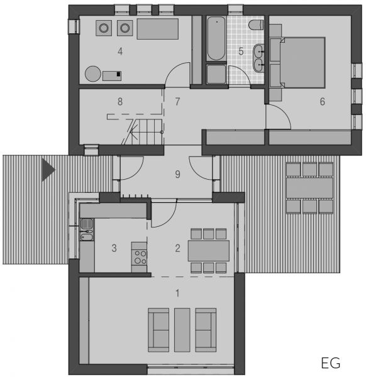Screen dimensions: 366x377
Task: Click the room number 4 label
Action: (x=120, y=52)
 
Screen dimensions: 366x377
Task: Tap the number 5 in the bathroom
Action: (x=241, y=52)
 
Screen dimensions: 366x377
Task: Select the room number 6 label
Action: (x=323, y=101)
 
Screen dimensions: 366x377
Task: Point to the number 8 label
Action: (x=120, y=101)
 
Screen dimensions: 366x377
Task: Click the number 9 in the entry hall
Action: (x=177, y=174)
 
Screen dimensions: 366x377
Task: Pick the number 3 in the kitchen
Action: (x=114, y=248)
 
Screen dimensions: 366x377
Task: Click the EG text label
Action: (x=331, y=363)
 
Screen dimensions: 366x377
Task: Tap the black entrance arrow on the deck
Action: (x=48, y=170)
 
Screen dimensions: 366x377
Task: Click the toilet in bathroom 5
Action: (x=256, y=25)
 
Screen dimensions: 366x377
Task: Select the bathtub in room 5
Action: (x=216, y=38)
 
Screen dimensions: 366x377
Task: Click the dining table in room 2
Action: (x=209, y=251)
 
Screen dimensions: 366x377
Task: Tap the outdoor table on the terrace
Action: (x=309, y=188)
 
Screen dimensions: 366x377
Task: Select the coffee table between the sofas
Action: (x=182, y=330)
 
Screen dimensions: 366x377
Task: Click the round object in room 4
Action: (x=93, y=74)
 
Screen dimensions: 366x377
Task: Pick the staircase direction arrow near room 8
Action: (x=146, y=132)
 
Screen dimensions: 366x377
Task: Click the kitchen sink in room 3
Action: (x=87, y=229)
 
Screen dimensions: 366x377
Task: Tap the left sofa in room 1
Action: (x=158, y=330)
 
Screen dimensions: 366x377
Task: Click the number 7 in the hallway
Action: (x=177, y=101)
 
